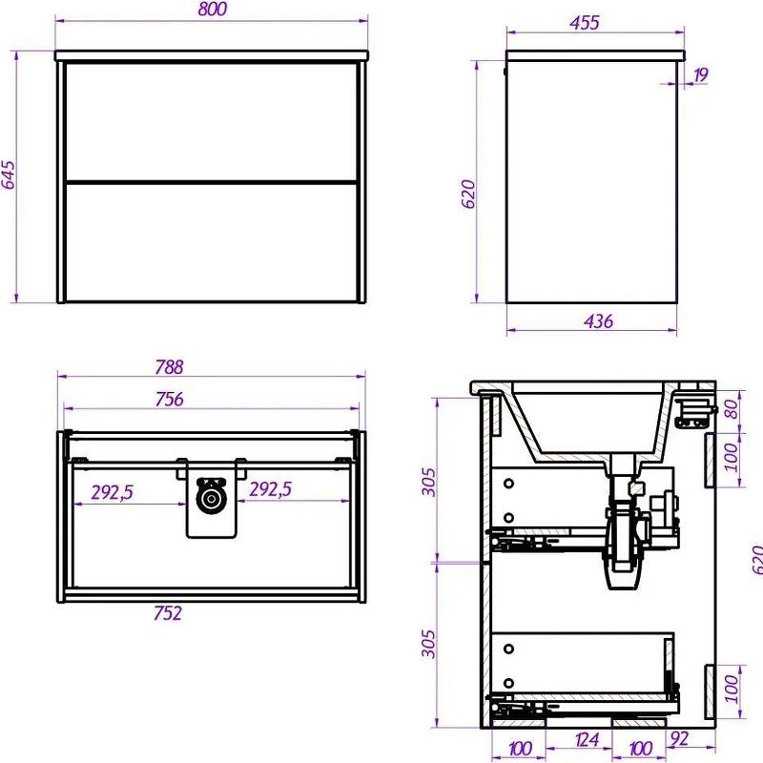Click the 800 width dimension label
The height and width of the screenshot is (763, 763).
(213, 10)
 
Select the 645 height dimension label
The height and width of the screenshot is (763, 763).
(9, 175)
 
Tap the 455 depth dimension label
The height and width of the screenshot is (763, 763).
(585, 22)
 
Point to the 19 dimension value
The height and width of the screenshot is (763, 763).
(700, 75)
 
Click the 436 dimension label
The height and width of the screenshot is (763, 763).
(598, 321)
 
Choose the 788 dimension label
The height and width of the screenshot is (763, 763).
(169, 367)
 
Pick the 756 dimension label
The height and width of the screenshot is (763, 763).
(169, 399)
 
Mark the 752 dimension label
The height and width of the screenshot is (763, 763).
(168, 613)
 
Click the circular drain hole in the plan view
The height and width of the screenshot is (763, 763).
(211, 499)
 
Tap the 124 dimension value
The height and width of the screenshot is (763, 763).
(587, 740)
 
